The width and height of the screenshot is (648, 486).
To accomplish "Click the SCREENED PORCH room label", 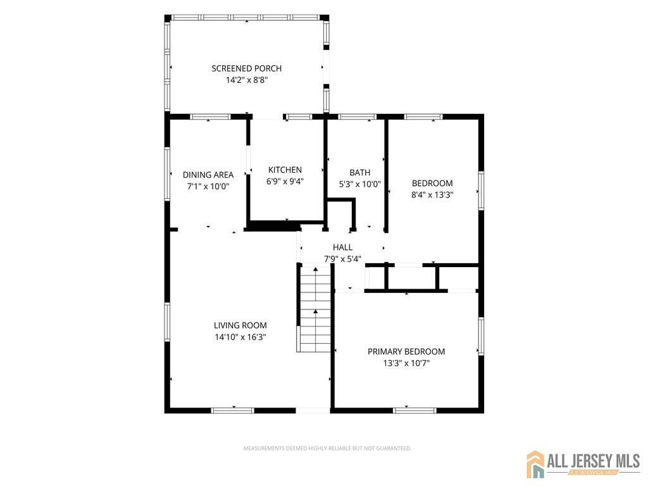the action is (x=246, y=68).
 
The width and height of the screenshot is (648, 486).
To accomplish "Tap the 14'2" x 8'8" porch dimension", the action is (x=247, y=80).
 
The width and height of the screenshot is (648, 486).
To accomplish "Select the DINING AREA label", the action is (x=208, y=175).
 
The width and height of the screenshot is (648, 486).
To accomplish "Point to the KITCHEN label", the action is (x=285, y=170).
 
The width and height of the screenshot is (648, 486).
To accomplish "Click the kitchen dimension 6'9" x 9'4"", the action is (x=285, y=181).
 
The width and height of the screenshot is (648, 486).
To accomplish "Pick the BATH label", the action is (x=359, y=173).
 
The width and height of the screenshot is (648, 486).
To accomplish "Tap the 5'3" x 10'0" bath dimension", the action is (x=359, y=184).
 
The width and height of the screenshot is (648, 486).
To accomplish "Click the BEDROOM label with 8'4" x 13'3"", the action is (x=432, y=183).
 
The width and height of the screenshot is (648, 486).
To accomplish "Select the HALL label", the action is (x=342, y=247).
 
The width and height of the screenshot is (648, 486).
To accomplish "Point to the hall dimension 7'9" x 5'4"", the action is (x=342, y=259).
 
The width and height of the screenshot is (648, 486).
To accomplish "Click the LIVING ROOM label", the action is (x=240, y=325).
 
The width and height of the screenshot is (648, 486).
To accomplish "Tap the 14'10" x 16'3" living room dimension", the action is (x=240, y=337).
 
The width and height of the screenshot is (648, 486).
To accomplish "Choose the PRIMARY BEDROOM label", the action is (x=406, y=352).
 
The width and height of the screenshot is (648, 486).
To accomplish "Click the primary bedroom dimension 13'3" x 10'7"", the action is (x=406, y=363).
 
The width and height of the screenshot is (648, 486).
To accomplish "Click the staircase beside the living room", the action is (x=315, y=309).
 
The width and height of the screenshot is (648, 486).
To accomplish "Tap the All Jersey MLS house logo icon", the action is (x=535, y=464).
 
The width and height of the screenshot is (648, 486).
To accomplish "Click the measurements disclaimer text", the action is (x=327, y=449).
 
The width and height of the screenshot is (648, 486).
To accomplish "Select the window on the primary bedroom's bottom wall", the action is (x=414, y=410).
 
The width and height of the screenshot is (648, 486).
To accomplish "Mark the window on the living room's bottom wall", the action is (x=232, y=410).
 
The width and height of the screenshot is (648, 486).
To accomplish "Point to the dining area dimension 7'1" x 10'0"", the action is (x=208, y=187).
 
